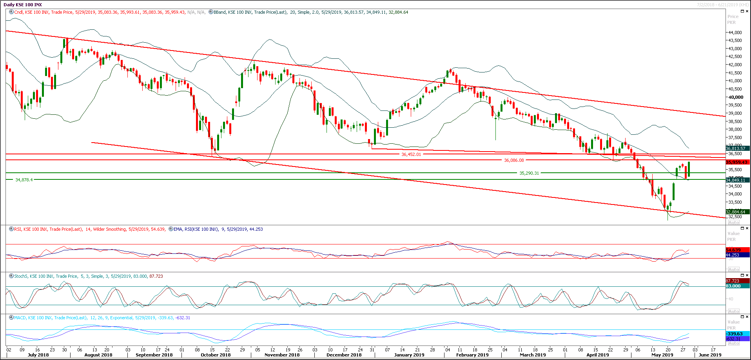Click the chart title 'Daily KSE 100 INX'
[23, 5]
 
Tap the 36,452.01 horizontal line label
[411, 154]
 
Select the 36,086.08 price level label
[514, 160]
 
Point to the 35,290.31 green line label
[529, 173]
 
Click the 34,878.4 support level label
[24, 180]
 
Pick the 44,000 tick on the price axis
[735, 33]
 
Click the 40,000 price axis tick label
[736, 97]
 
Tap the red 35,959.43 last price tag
[737, 162]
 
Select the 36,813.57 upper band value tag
[735, 148]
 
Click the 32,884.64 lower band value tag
[735, 212]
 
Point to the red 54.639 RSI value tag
[733, 250]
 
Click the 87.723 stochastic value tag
[732, 281]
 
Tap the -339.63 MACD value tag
[734, 334]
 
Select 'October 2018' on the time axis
[215, 355]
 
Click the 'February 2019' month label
[472, 355]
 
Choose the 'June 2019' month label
[710, 355]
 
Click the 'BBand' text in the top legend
[219, 12]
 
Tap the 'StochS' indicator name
[21, 276]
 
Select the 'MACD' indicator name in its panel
[20, 318]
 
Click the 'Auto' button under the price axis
[733, 223]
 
